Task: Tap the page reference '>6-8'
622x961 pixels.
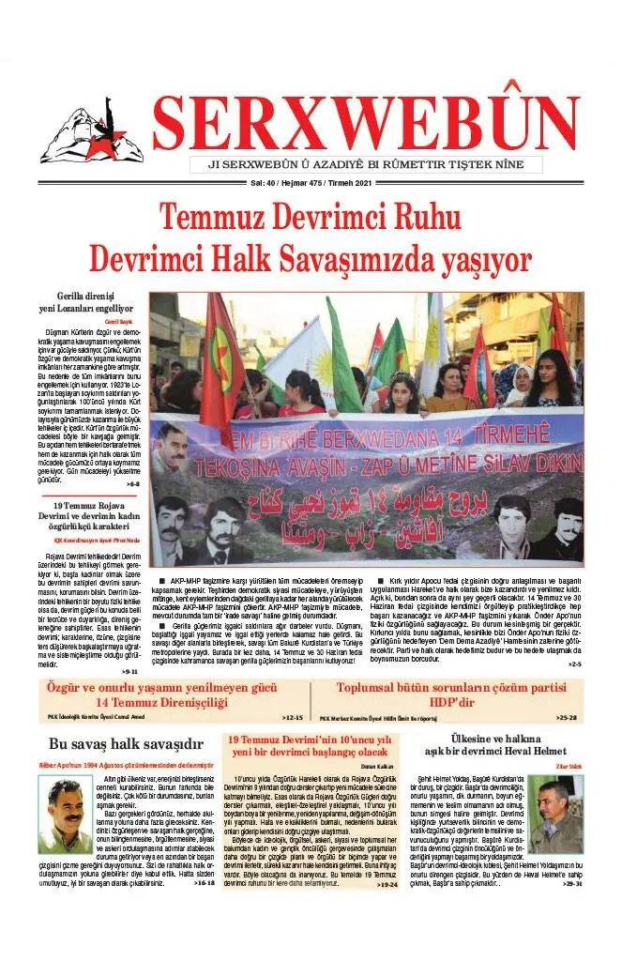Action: coord(132,483)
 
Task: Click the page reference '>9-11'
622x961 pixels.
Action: coord(130,671)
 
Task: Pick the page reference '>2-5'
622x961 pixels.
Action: coord(573,664)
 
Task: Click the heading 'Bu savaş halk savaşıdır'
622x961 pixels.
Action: coord(126,745)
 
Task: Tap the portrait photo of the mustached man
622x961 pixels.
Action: coord(65,815)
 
